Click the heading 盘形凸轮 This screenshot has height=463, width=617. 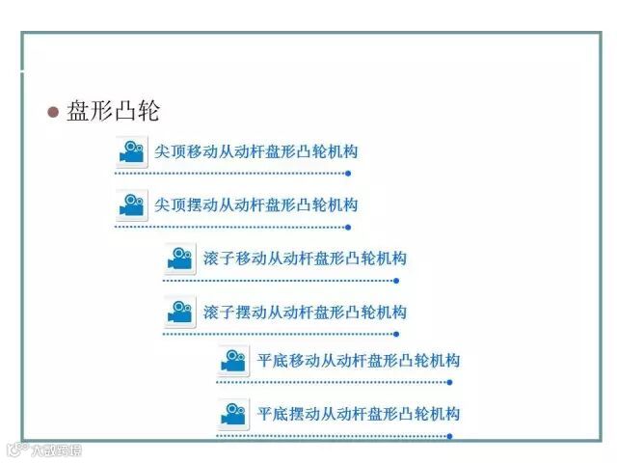pyautogui.click(x=113, y=111)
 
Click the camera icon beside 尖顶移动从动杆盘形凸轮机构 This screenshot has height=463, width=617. pyautogui.click(x=132, y=152)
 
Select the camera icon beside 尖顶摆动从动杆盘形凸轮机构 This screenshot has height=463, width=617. pyautogui.click(x=132, y=205)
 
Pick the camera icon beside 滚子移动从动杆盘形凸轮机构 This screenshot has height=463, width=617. pyautogui.click(x=180, y=259)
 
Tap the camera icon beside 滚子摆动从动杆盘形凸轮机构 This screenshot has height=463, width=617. pyautogui.click(x=180, y=313)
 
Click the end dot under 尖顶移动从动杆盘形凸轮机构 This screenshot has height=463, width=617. pyautogui.click(x=348, y=174)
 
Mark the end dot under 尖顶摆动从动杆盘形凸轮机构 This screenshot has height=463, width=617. pyautogui.click(x=348, y=228)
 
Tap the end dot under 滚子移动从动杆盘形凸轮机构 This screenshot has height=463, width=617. pyautogui.click(x=396, y=281)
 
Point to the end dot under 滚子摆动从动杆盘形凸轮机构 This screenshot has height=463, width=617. pyautogui.click(x=396, y=335)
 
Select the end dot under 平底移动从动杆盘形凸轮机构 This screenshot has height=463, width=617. pyautogui.click(x=450, y=383)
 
